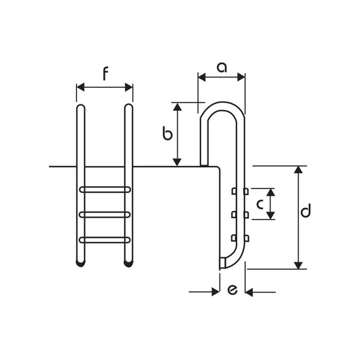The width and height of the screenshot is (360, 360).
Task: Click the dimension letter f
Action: (x=105, y=74)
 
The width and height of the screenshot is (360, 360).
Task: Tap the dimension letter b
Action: (x=166, y=134)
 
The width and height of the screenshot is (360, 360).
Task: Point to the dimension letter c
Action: (x=260, y=204)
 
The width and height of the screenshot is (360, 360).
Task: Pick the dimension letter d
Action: (x=305, y=212)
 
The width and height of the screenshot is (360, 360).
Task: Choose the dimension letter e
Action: (x=232, y=291)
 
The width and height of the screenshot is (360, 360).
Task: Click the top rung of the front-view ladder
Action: (x=105, y=190)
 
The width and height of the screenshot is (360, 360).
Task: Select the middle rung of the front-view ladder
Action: (x=105, y=214)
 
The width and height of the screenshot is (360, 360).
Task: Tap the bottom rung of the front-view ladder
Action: (x=105, y=240)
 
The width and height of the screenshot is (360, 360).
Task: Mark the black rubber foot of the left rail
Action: (x=80, y=262)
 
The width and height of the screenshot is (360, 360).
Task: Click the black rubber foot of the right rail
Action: (x=129, y=262)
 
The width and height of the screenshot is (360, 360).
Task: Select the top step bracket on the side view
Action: (x=240, y=192)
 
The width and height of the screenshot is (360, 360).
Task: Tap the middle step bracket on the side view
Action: (x=240, y=214)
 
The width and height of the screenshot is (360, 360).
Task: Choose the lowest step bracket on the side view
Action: (x=240, y=237)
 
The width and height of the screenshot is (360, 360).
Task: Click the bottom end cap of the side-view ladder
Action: (x=222, y=263)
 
